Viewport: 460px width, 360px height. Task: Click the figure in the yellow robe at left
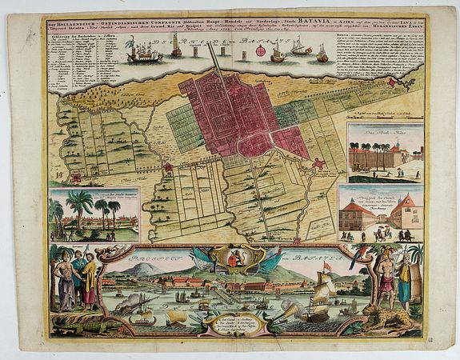point(89,281)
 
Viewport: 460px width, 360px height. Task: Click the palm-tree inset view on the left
point(94,214)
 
